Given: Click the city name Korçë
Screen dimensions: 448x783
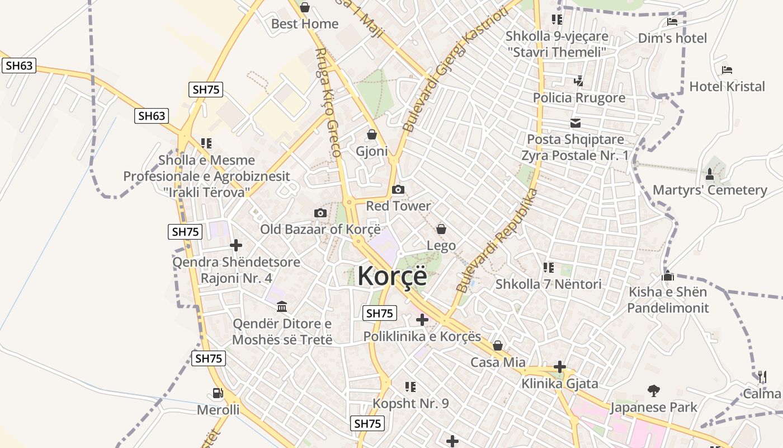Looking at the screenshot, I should (x=392, y=276).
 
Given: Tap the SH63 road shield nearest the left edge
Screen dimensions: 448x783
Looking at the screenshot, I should (x=19, y=66).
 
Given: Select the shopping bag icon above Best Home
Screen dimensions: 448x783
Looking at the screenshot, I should (x=305, y=7).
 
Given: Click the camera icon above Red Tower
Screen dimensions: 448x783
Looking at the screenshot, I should (x=398, y=189).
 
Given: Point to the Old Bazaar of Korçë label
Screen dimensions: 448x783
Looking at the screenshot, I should (x=320, y=229).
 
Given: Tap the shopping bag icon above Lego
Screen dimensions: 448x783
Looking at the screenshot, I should (x=441, y=229).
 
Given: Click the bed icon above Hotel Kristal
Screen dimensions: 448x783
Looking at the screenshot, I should (x=727, y=70).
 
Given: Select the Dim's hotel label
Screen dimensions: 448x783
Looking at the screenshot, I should (x=672, y=38).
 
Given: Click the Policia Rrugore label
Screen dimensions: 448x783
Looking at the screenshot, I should (x=579, y=98).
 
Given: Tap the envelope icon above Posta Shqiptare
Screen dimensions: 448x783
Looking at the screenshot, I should (x=576, y=123).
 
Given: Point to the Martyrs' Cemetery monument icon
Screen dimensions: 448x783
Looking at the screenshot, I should (x=710, y=174).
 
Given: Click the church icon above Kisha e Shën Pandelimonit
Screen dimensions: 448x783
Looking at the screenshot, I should (x=667, y=276).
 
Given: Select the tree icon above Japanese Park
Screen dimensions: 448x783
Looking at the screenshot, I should (x=653, y=391).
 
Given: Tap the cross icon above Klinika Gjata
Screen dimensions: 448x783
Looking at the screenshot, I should (x=560, y=367).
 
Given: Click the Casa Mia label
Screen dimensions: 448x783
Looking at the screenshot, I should (x=498, y=362).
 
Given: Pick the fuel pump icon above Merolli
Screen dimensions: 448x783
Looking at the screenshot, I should (x=218, y=394).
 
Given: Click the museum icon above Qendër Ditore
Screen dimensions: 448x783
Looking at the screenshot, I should (x=282, y=307).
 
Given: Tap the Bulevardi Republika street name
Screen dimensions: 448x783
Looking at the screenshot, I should (x=497, y=241).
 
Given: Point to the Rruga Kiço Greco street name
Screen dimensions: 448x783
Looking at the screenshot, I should (x=328, y=102).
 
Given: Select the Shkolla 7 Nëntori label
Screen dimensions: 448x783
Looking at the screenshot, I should (x=549, y=284).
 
